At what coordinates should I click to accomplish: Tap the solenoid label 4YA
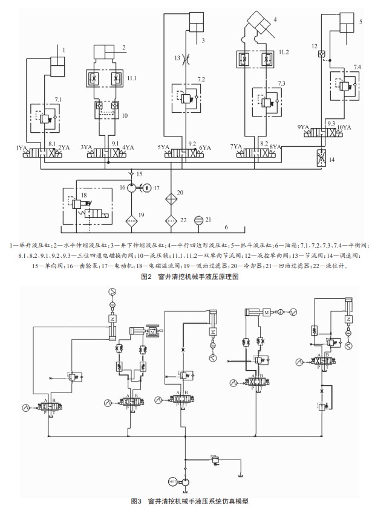click(128, 147)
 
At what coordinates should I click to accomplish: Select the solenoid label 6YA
click(205, 147)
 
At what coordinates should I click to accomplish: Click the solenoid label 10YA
click(344, 127)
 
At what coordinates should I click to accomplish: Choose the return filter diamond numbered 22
click(172, 219)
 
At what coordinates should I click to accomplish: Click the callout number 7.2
click(201, 79)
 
